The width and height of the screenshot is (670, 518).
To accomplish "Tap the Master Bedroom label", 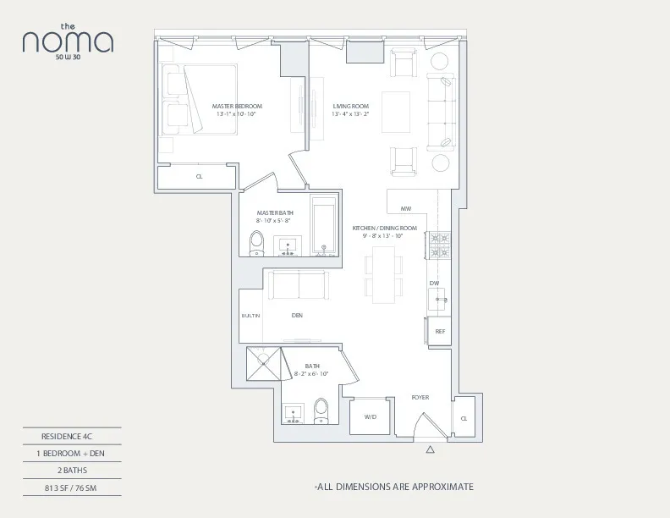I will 237,106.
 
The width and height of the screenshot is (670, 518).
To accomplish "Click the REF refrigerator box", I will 440,331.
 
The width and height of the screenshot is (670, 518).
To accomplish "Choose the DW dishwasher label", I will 433,283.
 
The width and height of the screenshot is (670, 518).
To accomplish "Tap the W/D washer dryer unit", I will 370,416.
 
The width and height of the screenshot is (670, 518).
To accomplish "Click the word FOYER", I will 420,396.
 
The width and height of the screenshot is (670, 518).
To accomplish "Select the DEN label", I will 297,316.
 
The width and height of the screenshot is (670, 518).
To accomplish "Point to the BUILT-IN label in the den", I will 251,316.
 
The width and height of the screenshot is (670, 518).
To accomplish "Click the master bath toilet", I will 257,244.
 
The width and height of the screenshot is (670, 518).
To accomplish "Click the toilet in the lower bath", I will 321,412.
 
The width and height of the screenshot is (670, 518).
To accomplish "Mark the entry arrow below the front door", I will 430,450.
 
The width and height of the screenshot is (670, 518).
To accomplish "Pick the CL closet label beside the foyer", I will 464,418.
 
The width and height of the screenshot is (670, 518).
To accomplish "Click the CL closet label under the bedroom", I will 200,177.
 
